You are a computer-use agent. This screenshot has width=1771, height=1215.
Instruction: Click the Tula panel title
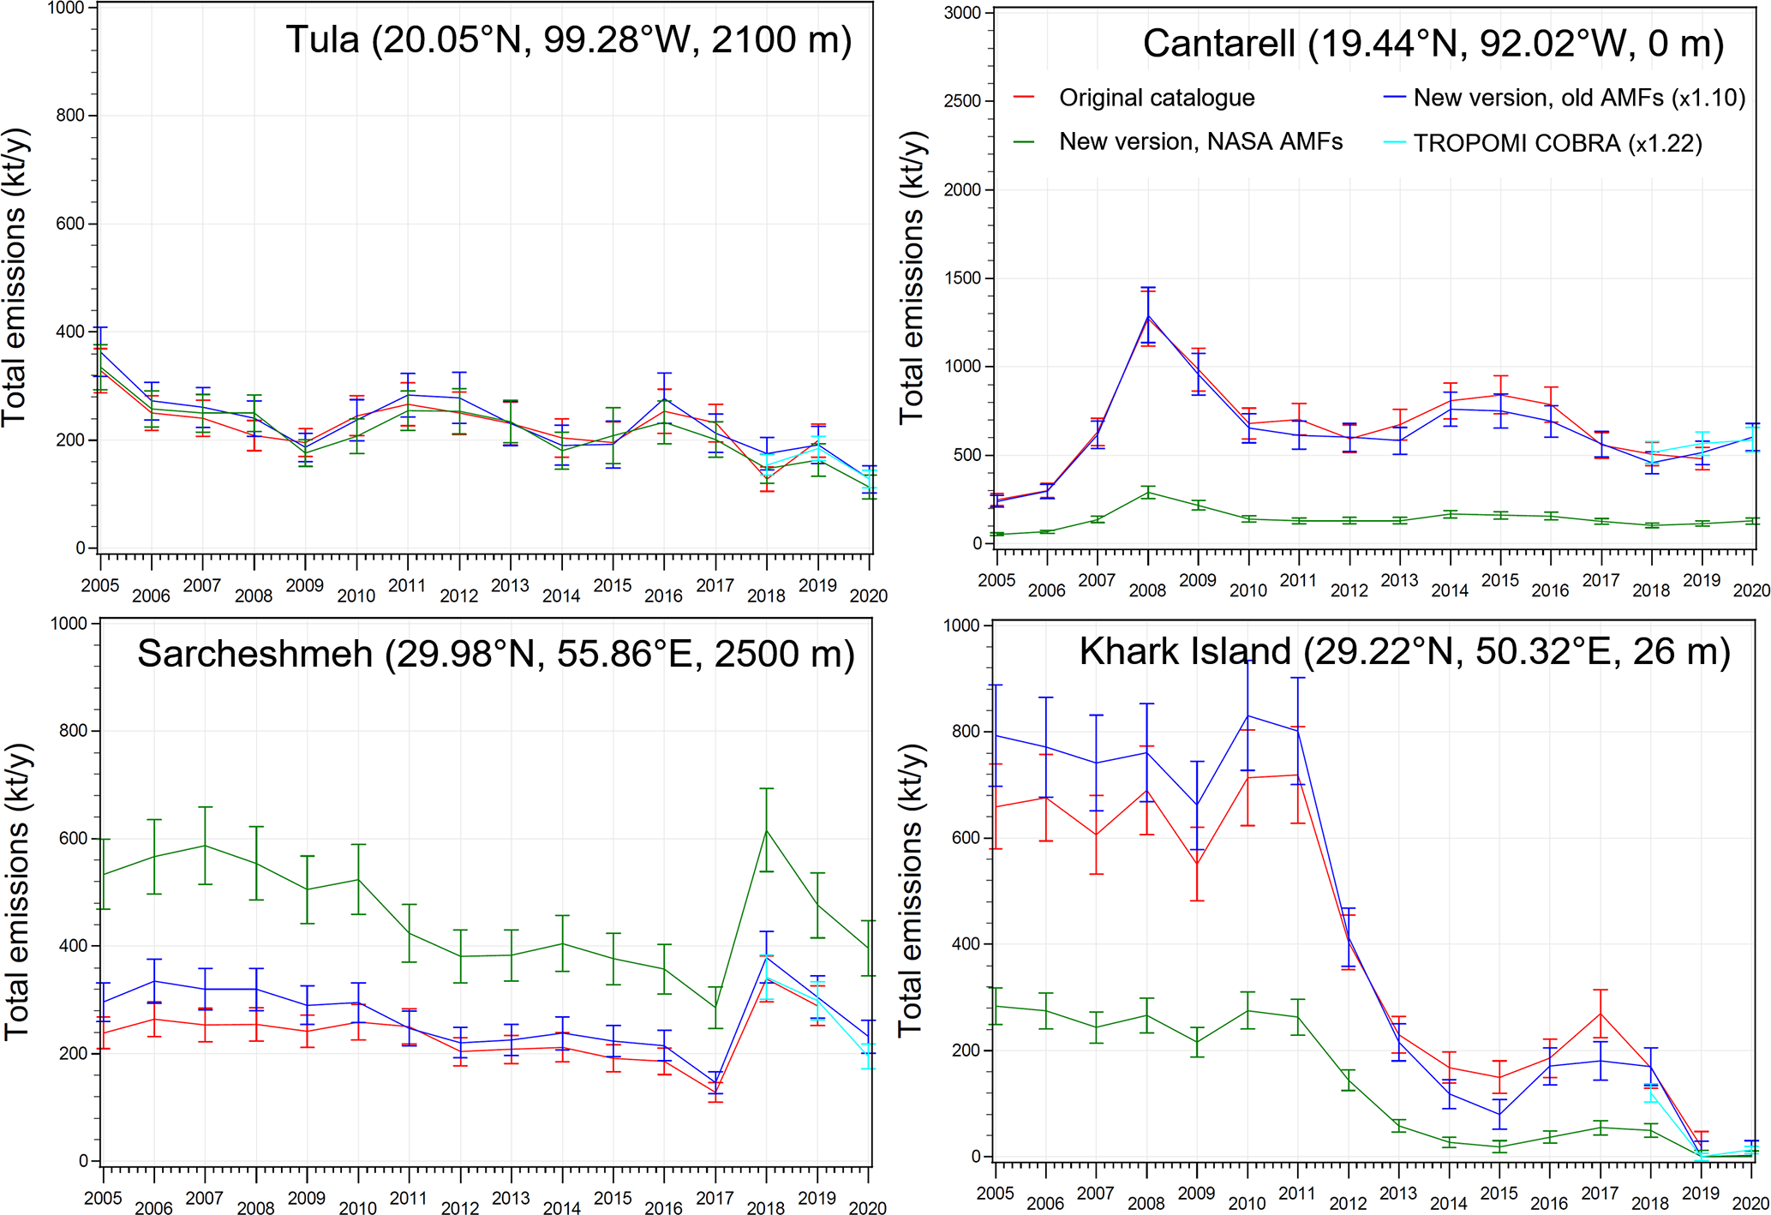pos(568,40)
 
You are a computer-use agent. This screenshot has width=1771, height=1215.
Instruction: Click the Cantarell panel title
pos(1433,44)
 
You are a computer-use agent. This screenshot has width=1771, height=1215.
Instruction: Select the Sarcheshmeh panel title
pos(495,654)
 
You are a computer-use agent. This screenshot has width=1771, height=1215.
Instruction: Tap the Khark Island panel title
pos(1404,651)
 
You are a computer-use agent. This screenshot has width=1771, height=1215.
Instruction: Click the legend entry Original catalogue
pos(1156,98)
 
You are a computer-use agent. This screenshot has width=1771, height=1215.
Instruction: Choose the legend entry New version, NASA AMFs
pos(1200,141)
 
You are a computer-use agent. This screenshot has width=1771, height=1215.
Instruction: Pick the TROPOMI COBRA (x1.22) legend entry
pos(1557,143)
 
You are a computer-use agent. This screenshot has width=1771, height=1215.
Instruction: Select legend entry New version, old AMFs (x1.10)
pos(1578,98)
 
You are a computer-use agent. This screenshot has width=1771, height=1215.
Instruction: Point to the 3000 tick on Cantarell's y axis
pos(963,13)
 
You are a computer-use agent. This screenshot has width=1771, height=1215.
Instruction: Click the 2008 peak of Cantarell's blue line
pos(1148,315)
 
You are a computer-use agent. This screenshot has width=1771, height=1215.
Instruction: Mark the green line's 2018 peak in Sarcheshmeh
pos(766,829)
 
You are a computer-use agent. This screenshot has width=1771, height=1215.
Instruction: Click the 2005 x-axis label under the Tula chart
pos(100,585)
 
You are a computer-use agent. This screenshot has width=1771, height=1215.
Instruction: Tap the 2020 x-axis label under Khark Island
pos(1750,1203)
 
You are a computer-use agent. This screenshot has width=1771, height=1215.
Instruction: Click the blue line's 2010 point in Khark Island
pos(1247,715)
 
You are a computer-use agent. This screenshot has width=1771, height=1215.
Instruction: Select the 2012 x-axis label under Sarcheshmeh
pos(459,1208)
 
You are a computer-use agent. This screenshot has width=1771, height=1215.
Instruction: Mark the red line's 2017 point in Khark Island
pos(1600,1014)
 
